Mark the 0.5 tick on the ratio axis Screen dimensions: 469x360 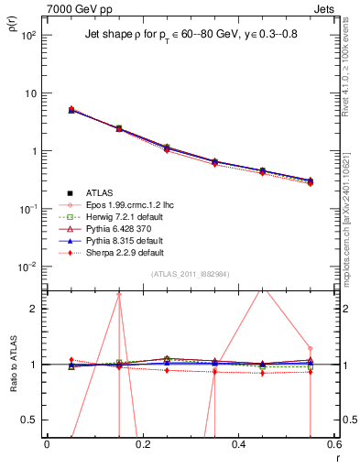click(x=34, y=420)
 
